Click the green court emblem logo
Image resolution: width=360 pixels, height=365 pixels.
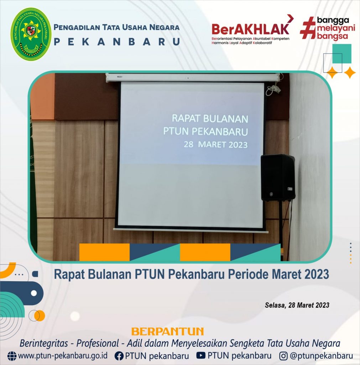[31, 34]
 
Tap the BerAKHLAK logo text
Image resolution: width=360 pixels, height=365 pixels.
[250, 29]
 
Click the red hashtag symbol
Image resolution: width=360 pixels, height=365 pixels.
[308, 28]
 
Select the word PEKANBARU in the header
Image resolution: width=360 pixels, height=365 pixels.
[117, 42]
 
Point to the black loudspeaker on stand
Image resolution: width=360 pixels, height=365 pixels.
[278, 178]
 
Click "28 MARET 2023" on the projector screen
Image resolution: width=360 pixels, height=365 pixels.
[215, 145]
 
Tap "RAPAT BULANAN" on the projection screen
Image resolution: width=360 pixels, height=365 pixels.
[210, 118]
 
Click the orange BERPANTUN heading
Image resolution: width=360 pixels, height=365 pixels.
[167, 331]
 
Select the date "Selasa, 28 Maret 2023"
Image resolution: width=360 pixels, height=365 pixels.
[297, 305]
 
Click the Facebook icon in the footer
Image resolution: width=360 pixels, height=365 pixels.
[119, 356]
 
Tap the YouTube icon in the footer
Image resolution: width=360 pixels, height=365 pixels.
[201, 355]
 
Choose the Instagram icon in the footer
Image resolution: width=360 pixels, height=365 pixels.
[283, 356]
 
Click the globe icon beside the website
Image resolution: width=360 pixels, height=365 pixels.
[12, 356]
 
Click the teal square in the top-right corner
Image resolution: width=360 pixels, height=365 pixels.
[341, 54]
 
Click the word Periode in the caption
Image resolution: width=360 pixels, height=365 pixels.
[240, 274]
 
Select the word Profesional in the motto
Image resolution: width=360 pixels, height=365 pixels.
[98, 343]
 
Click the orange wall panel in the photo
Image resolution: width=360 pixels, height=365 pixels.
[42, 96]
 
